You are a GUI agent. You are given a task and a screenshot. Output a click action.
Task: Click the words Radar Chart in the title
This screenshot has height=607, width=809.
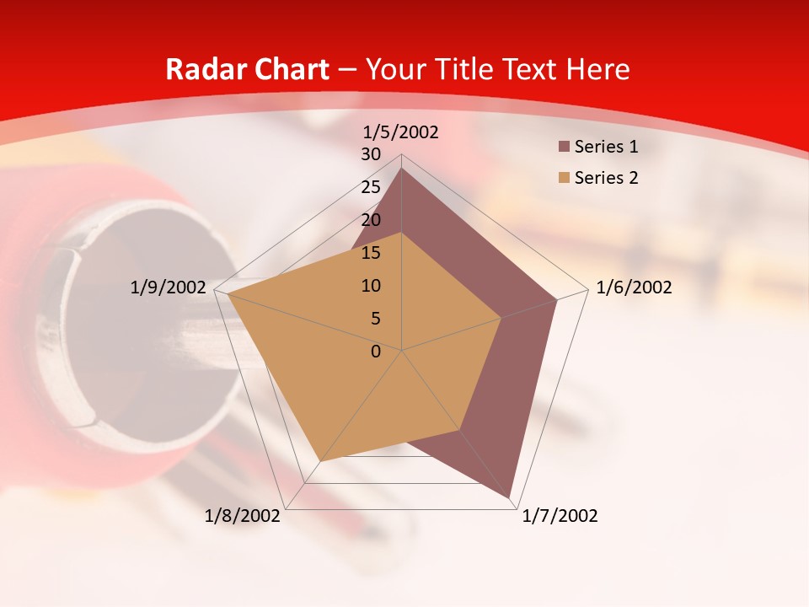pos(247,69)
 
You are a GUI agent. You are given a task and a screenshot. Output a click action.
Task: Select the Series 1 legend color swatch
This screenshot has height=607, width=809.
pos(564,148)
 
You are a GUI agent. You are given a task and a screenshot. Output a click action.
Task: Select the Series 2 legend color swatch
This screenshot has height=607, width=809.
pos(564,178)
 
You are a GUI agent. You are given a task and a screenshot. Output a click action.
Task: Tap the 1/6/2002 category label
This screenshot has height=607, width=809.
pos(634,287)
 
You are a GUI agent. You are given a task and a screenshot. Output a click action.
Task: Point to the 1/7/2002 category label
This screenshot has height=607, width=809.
pos(560,516)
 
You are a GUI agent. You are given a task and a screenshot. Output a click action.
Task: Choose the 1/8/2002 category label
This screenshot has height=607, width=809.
pos(243,516)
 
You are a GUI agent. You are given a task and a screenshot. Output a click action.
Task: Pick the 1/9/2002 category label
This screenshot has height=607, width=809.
pos(169,287)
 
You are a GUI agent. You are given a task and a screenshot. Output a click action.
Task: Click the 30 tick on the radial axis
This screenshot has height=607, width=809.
pos(371,154)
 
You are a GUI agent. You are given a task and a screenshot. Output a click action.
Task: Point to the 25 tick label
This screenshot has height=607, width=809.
pos(371,187)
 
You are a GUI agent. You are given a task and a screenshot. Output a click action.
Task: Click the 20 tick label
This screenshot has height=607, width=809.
pos(371,220)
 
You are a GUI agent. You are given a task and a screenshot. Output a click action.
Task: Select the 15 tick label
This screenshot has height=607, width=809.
pos(371,253)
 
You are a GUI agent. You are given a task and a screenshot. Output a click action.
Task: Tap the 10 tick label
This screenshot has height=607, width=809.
pos(371,286)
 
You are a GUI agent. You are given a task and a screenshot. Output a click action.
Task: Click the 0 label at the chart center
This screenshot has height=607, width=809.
pos(376,352)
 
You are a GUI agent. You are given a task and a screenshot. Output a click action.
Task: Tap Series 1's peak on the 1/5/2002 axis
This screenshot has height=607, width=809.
pos(402,168)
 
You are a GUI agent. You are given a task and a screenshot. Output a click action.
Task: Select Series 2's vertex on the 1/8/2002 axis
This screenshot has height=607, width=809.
pos(321,461)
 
